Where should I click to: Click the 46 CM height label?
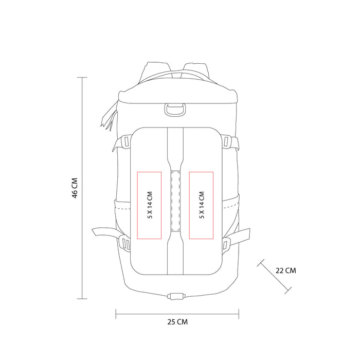[x=75, y=188]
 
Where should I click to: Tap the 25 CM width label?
[x=177, y=322]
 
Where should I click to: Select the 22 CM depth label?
[x=286, y=271]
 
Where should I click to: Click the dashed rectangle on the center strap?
[x=175, y=201]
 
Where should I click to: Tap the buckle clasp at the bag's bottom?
[x=176, y=296]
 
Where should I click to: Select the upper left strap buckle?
[x=126, y=141]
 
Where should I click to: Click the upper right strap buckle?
[x=226, y=141]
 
